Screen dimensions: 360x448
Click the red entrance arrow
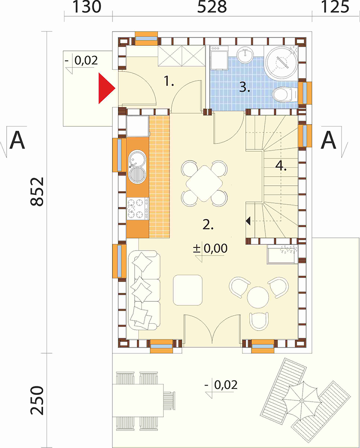tap(105, 88)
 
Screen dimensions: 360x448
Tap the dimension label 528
tap(212, 7)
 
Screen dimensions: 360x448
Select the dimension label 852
tap(37, 192)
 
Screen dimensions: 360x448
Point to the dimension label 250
tap(37, 401)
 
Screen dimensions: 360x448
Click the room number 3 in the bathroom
tap(245, 87)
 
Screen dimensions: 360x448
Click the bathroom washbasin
tap(245, 54)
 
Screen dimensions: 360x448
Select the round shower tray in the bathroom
tap(282, 62)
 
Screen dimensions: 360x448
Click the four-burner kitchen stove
tap(138, 209)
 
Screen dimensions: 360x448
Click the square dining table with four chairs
tap(204, 183)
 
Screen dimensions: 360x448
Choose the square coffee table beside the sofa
tap(188, 290)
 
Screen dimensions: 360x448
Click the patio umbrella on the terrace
tap(301, 401)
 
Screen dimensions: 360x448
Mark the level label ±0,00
tap(210, 248)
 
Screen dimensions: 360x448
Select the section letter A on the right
tap(329, 140)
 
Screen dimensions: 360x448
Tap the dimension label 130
tap(87, 7)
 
